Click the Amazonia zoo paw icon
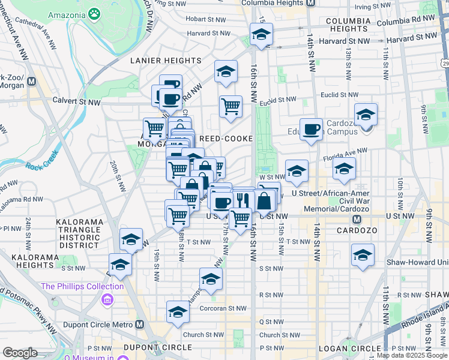tap(94, 13)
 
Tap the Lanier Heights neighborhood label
tap(166, 61)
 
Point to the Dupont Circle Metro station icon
tap(140, 325)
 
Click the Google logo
tap(20, 353)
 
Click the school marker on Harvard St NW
tap(261, 36)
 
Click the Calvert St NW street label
tap(76, 101)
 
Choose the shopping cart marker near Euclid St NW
tap(231, 107)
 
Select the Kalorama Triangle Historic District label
tap(78, 233)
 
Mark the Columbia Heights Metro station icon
tap(310, 3)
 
